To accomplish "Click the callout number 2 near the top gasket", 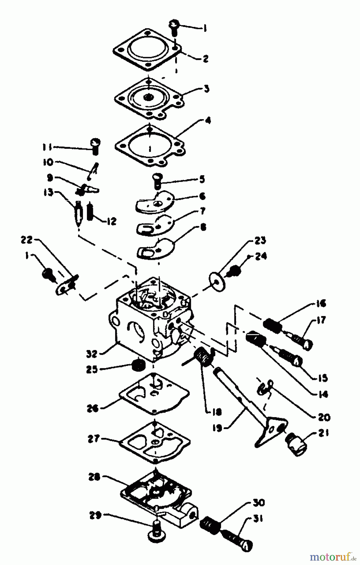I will (205, 59).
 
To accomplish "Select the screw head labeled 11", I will (95, 145).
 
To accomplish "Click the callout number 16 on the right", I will (320, 304).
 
